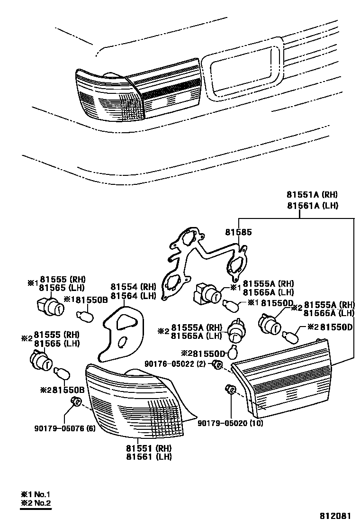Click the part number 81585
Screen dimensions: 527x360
(x=238, y=233)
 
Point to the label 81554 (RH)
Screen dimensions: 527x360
(x=133, y=287)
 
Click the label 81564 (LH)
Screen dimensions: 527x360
(x=133, y=296)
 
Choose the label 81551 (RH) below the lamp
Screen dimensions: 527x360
(x=149, y=448)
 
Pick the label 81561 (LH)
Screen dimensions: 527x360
(x=149, y=457)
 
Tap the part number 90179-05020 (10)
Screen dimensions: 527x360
(x=230, y=423)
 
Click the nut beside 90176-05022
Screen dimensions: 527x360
(x=217, y=364)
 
